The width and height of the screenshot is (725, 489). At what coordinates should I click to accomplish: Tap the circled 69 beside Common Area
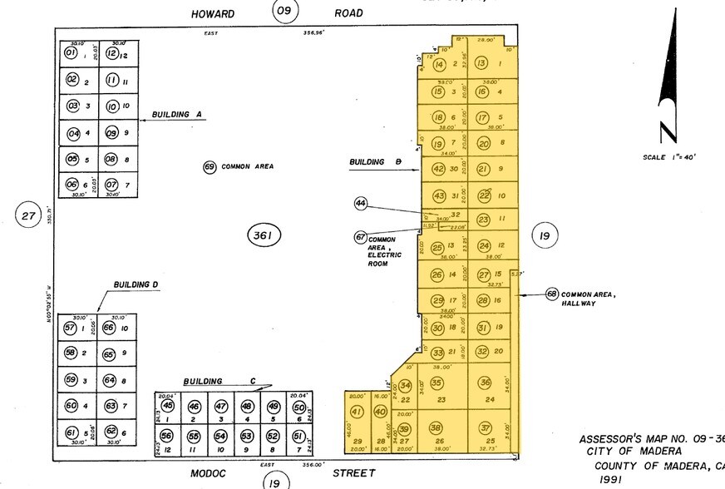coord(210,167)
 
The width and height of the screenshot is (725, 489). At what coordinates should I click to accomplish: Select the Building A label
coord(177,115)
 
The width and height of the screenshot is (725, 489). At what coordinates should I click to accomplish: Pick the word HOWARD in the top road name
coord(213,14)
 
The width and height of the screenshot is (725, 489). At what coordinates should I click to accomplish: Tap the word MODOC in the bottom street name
coord(216,473)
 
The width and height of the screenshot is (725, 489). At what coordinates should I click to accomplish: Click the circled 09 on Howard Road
coord(285,11)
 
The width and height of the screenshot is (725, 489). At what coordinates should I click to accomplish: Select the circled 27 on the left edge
coord(29,217)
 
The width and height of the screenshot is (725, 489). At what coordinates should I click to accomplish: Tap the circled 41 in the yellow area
coord(358,412)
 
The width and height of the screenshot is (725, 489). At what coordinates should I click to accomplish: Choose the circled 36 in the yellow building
coord(486,383)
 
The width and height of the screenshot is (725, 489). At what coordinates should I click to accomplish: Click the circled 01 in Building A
coord(71,53)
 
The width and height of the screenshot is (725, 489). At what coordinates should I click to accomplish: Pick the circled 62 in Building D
coord(111,432)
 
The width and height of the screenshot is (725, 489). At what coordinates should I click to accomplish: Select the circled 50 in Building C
coord(299,407)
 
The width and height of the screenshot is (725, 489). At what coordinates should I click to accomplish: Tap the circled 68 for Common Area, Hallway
coord(551,294)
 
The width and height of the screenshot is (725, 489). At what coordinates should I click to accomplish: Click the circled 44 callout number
coord(360,203)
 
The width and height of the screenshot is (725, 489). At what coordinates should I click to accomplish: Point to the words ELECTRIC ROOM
coord(384,259)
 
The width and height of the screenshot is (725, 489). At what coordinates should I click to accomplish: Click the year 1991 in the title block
coord(613,480)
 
